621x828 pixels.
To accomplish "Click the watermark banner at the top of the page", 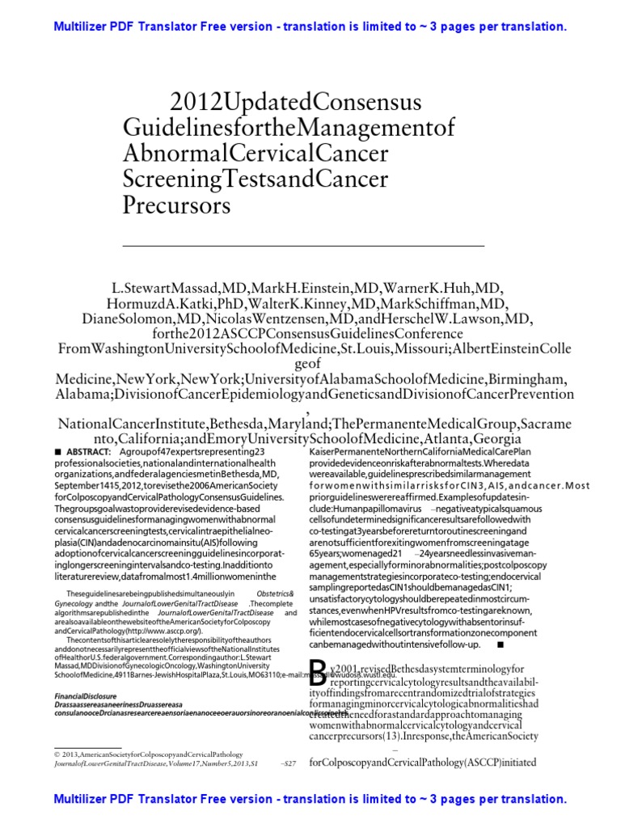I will (x=310, y=27).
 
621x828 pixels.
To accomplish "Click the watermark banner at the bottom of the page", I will (x=310, y=800).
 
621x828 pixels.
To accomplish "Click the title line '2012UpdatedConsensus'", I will (x=296, y=103).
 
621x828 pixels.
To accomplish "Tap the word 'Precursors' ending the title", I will (x=176, y=205).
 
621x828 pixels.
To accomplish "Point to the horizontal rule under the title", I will (x=303, y=244).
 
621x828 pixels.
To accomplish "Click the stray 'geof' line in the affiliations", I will (x=310, y=364).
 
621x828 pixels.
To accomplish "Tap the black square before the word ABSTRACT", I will (x=58, y=450).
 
